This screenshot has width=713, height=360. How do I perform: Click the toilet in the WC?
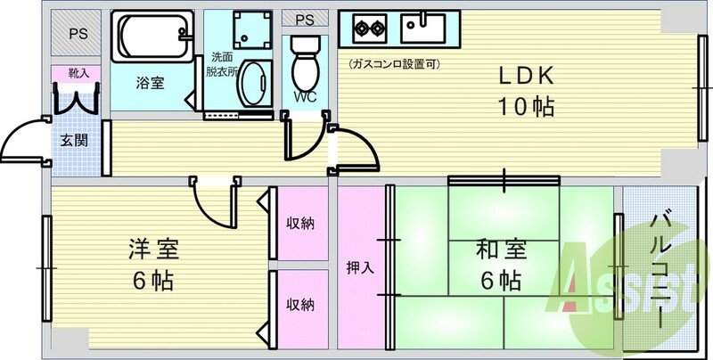tap(305, 63)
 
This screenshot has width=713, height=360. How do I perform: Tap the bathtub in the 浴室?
tap(152, 37)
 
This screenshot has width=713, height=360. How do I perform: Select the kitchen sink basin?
tap(422, 29)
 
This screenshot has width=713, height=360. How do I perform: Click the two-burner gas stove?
tap(370, 29)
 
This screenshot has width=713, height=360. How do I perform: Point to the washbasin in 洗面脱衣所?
tap(256, 84)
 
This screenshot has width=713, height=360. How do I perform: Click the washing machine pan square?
tap(252, 29)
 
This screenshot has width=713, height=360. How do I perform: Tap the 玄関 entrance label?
tap(74, 141)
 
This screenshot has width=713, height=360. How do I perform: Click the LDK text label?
tap(527, 77)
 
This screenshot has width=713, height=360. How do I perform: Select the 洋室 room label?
tap(153, 250)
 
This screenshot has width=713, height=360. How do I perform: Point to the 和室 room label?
tap(501, 250)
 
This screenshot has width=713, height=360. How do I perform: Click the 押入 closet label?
tap(361, 268)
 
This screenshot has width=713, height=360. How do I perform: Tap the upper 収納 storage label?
tap(300, 223)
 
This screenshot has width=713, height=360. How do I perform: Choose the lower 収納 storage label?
tap(300, 305)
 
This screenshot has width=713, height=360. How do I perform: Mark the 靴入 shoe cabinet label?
tap(78, 74)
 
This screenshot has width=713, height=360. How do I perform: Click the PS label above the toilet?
tap(305, 20)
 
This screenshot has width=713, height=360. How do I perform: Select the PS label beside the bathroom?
tap(78, 34)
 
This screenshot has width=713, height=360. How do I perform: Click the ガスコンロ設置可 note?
tap(394, 64)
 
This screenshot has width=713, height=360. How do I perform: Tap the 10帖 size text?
tap(527, 107)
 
